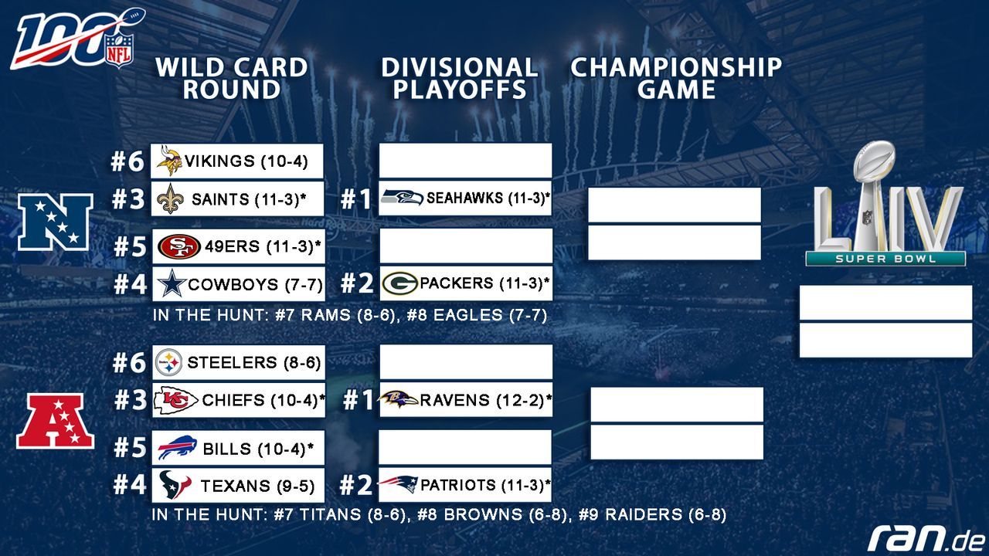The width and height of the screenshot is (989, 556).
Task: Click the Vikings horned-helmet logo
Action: point(169,161)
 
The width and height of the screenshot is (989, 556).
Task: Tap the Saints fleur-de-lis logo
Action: point(171,199)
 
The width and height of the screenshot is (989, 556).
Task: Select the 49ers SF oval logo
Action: point(179,246)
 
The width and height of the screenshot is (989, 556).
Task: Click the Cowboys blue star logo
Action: point(172,283)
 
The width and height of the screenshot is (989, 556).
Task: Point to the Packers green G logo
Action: point(399,283)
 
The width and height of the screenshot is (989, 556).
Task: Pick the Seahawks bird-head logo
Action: point(403,197)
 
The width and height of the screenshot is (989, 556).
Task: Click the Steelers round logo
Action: point(168,363)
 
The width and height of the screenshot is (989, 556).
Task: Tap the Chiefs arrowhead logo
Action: point(175,400)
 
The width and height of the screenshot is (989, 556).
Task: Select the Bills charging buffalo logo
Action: point(178,448)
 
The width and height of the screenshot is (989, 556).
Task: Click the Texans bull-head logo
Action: point(175,484)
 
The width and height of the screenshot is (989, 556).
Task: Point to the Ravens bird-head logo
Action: point(398,399)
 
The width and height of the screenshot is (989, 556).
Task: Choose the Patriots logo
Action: point(398,484)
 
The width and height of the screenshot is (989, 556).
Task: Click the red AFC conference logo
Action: point(55,421)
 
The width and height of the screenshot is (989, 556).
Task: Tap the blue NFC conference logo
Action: point(55,222)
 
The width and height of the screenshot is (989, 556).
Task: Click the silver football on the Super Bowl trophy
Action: point(874,164)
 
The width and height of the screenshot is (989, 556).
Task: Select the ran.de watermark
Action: point(926,538)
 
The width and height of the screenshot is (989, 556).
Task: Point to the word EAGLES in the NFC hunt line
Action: point(468,315)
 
